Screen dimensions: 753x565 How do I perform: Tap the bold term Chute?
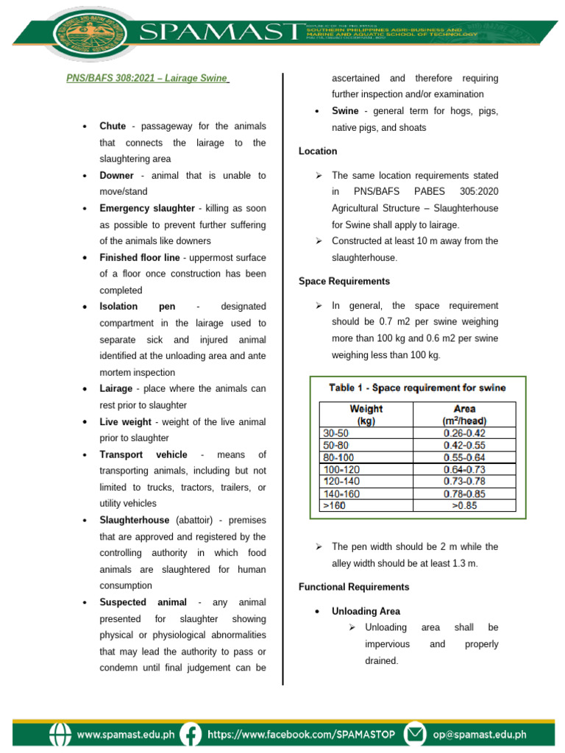(113, 126)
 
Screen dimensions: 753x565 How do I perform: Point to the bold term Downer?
(116, 176)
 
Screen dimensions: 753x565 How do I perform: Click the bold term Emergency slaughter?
(147, 208)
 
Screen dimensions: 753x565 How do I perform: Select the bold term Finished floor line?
(140, 257)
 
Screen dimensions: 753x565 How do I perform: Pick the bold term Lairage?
(116, 388)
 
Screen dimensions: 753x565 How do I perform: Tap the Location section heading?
(318, 151)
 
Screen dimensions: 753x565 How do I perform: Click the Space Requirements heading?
(344, 281)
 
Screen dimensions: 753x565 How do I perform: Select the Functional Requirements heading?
(354, 587)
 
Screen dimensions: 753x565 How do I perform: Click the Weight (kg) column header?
(366, 415)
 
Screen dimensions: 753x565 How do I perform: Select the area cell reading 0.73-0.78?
(464, 481)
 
